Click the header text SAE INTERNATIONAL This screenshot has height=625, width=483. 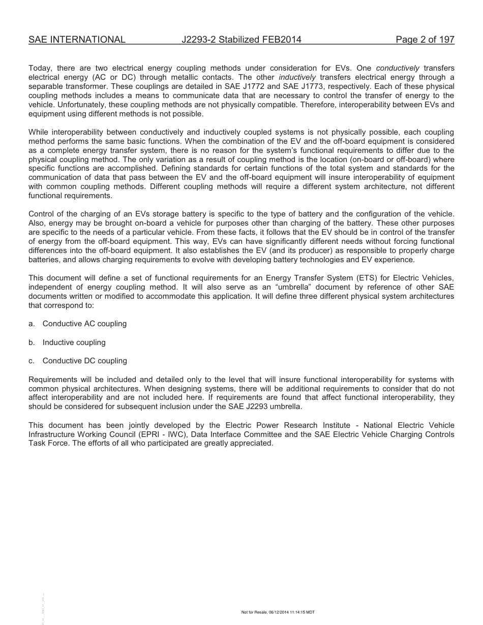[x=77, y=40]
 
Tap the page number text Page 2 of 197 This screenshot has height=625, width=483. [x=425, y=40]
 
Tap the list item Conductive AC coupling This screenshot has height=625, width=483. [x=84, y=324]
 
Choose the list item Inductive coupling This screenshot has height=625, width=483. [x=74, y=342]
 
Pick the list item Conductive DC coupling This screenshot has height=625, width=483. [x=85, y=361]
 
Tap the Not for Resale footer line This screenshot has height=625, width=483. [x=278, y=612]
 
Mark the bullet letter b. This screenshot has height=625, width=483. [x=32, y=342]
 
